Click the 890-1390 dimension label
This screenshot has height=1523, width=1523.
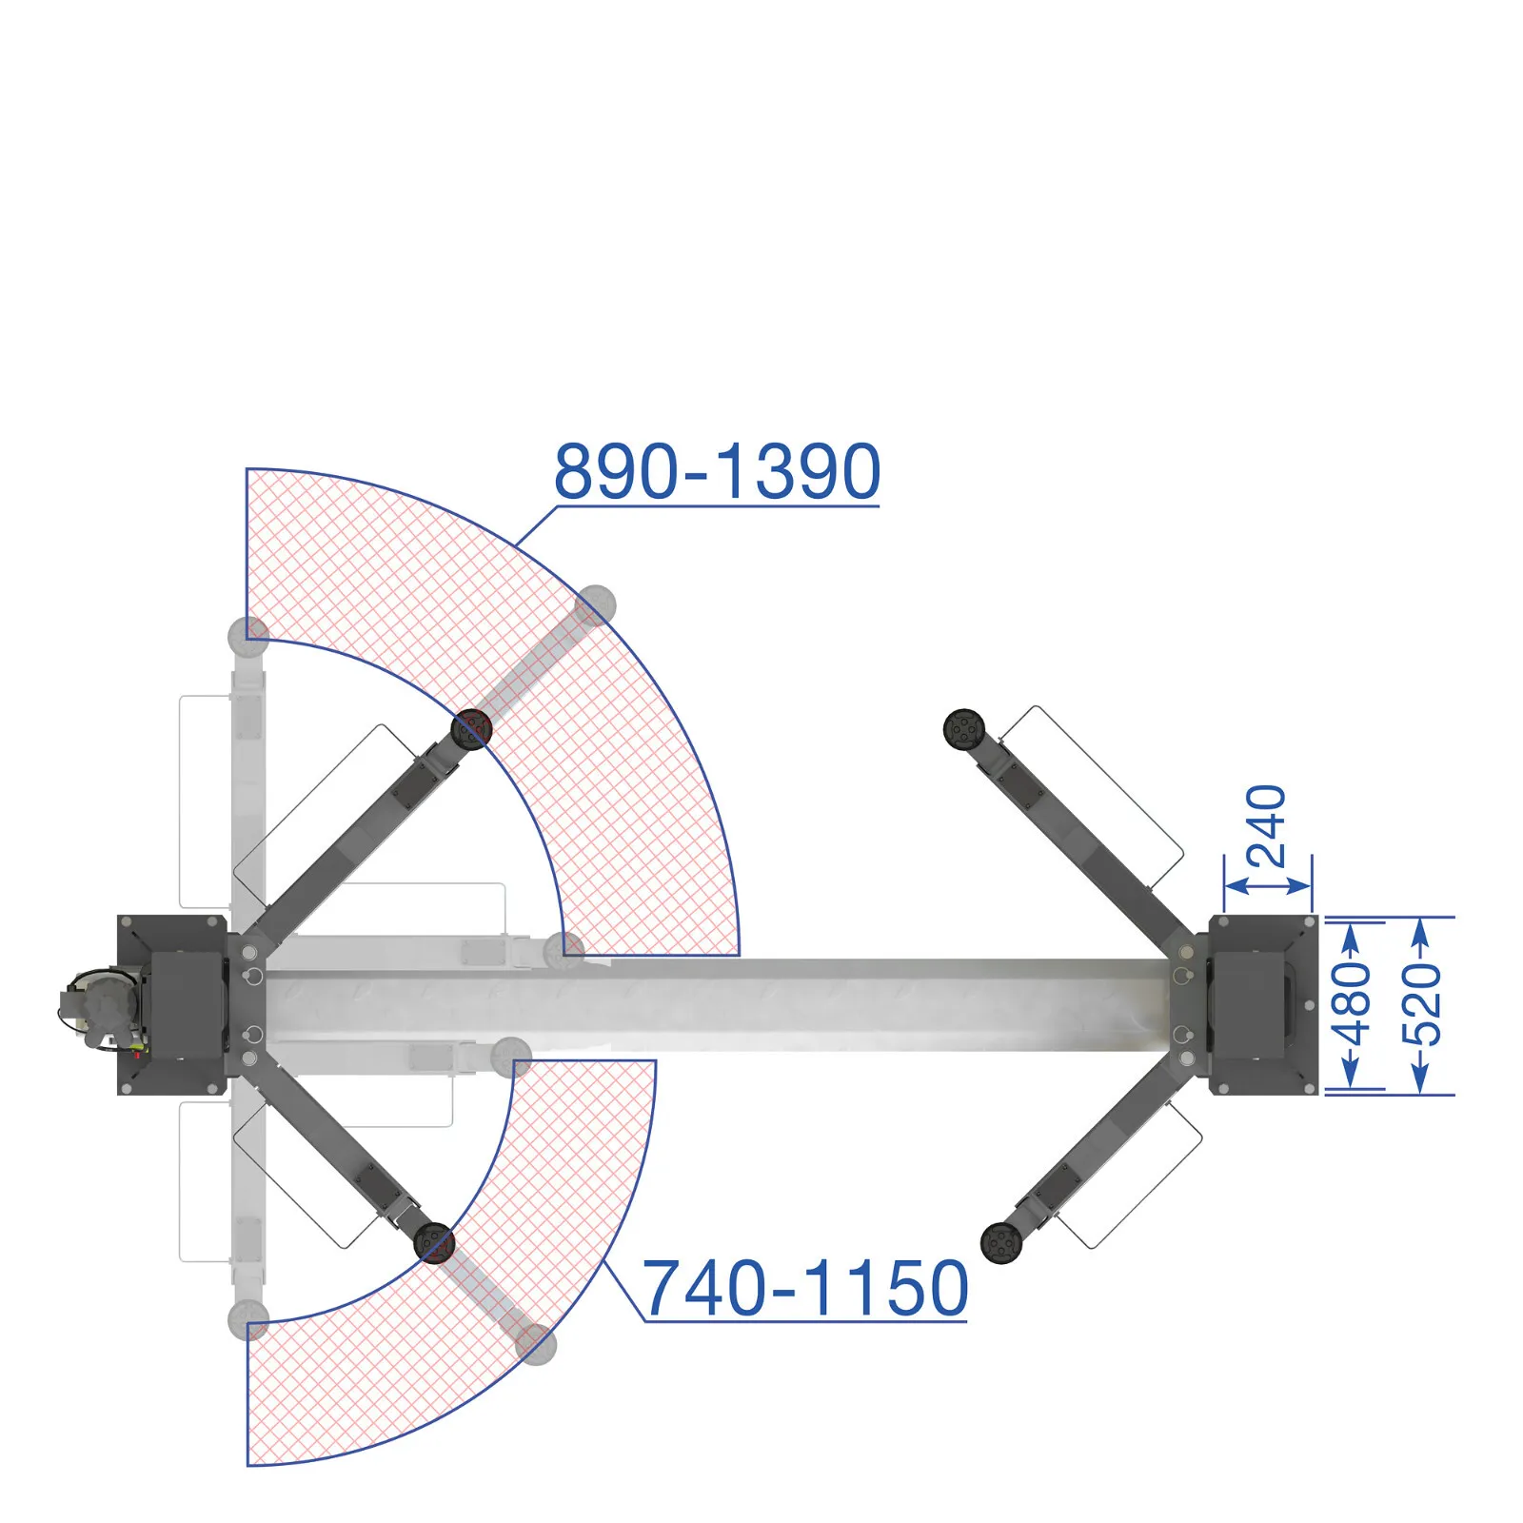718,471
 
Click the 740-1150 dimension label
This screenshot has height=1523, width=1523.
806,1288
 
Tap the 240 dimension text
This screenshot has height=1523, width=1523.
1267,825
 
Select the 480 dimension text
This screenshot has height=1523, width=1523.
1351,1003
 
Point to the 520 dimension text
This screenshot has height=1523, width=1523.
1422,1003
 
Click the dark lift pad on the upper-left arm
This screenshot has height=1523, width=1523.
471,729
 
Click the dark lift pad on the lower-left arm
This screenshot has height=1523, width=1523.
434,1243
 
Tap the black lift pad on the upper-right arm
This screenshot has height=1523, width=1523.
964,729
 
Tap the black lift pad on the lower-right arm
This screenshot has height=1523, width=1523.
1001,1243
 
